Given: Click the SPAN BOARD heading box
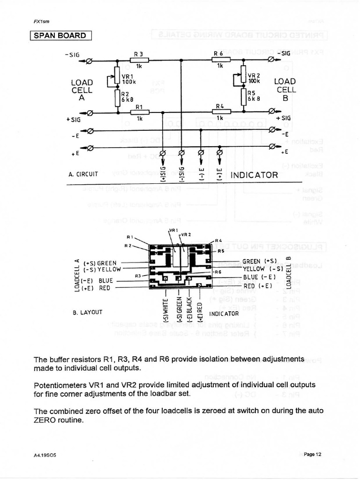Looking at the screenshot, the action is tap(60, 36).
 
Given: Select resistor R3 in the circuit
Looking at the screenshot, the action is tap(139, 60).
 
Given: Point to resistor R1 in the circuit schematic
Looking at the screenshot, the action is tap(139, 112).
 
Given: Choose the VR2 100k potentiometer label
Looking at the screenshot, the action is tap(254, 78).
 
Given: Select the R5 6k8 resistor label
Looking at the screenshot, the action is tap(254, 96).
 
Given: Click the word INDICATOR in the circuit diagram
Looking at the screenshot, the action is tap(255, 175).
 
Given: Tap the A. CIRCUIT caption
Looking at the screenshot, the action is tap(83, 174).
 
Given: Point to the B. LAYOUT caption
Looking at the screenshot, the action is tap(88, 311).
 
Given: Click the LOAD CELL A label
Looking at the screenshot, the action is tap(82, 90).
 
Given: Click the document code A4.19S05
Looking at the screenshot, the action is tap(45, 455).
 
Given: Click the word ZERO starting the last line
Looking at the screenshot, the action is tap(45, 420).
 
